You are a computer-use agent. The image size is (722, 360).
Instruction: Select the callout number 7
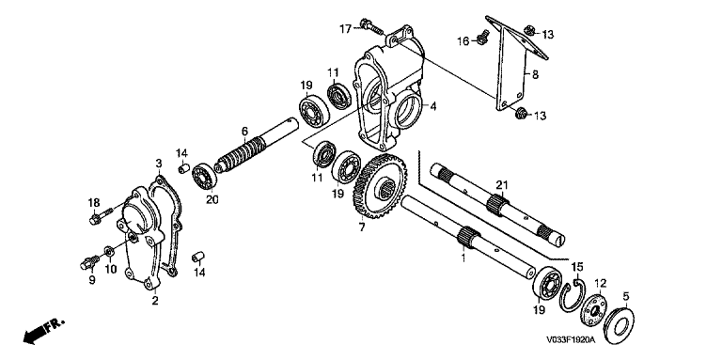[x=362, y=227]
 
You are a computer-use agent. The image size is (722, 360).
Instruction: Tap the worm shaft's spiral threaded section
[x=243, y=154]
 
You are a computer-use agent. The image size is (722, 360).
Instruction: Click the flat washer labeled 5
[x=618, y=325]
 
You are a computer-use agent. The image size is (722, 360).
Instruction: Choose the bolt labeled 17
[x=371, y=27]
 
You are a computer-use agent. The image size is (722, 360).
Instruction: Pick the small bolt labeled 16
[x=481, y=37]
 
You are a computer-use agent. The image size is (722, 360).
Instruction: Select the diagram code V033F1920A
[x=571, y=339]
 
